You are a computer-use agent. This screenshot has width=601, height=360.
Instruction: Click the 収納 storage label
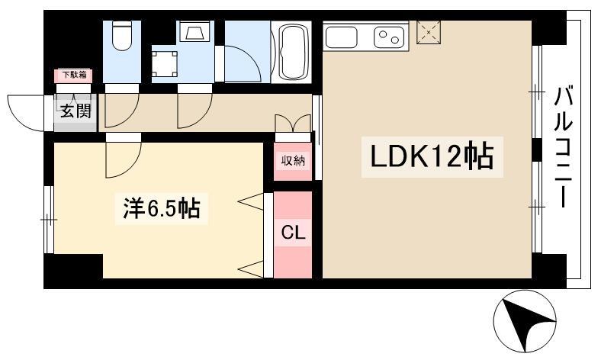293,160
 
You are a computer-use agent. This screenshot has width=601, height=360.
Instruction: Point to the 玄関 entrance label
75,111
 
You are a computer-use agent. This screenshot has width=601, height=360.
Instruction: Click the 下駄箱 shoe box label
73,75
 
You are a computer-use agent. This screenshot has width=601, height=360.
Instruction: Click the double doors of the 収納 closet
293,124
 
